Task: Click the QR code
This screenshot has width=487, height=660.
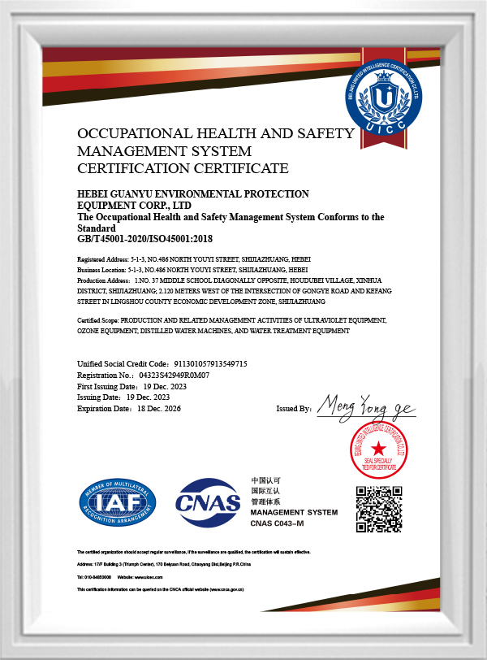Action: click(x=381, y=510)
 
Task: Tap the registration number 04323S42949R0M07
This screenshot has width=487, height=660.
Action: click(x=175, y=376)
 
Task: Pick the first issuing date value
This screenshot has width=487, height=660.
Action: click(x=162, y=387)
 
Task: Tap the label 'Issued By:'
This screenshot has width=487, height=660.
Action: click(x=294, y=409)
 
